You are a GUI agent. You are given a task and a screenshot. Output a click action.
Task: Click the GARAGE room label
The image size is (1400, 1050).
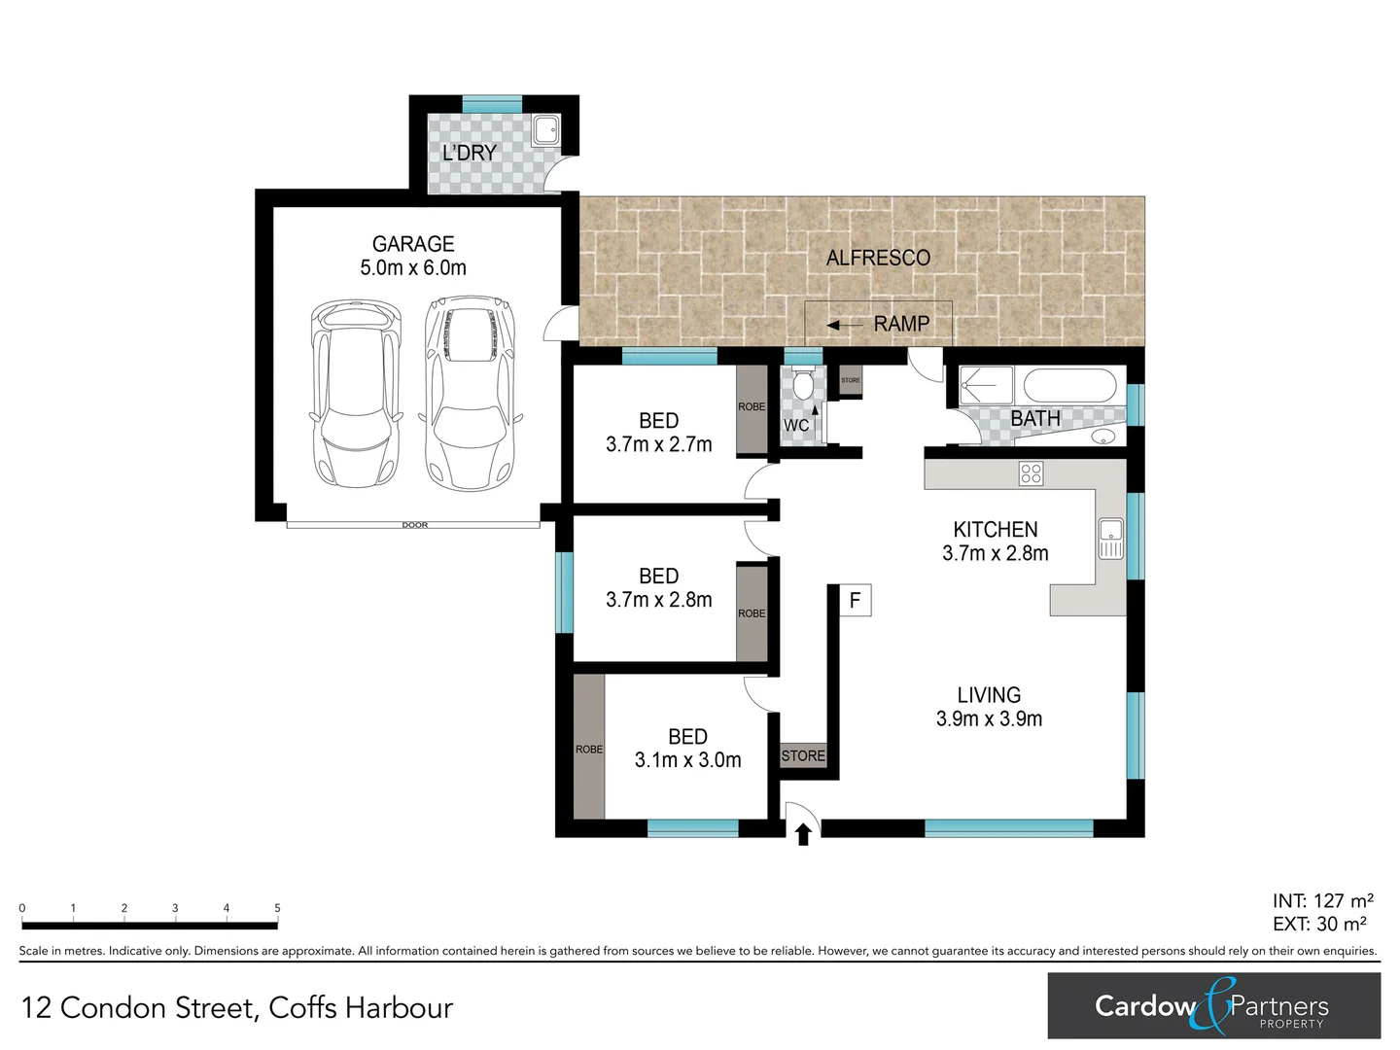click(413, 244)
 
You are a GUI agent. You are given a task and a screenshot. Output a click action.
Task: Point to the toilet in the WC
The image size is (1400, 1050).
click(803, 386)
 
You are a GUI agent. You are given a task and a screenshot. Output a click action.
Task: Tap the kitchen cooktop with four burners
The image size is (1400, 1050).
click(1031, 473)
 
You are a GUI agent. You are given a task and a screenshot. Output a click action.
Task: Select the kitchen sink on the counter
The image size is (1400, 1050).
click(1110, 539)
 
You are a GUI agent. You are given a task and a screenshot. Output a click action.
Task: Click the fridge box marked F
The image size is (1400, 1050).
click(856, 600)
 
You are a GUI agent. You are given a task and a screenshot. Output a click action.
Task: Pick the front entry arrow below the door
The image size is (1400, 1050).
click(803, 834)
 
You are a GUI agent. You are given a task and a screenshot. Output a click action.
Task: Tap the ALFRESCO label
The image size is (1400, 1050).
click(878, 258)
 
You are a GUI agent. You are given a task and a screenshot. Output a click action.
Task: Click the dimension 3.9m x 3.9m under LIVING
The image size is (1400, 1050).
click(989, 719)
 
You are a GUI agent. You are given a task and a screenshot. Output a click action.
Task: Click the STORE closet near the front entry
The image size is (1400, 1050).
click(803, 755)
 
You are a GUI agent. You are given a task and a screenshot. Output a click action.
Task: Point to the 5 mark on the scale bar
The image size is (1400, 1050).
click(277, 909)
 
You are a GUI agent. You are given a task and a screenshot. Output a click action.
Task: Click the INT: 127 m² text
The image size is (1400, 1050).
click(1322, 901)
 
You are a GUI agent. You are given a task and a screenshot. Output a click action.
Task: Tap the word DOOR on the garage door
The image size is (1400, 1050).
click(415, 525)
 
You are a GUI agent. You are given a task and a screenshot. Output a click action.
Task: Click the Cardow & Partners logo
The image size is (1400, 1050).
click(1213, 1005)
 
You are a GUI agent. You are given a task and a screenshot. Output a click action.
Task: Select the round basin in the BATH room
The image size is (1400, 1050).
click(1104, 437)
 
